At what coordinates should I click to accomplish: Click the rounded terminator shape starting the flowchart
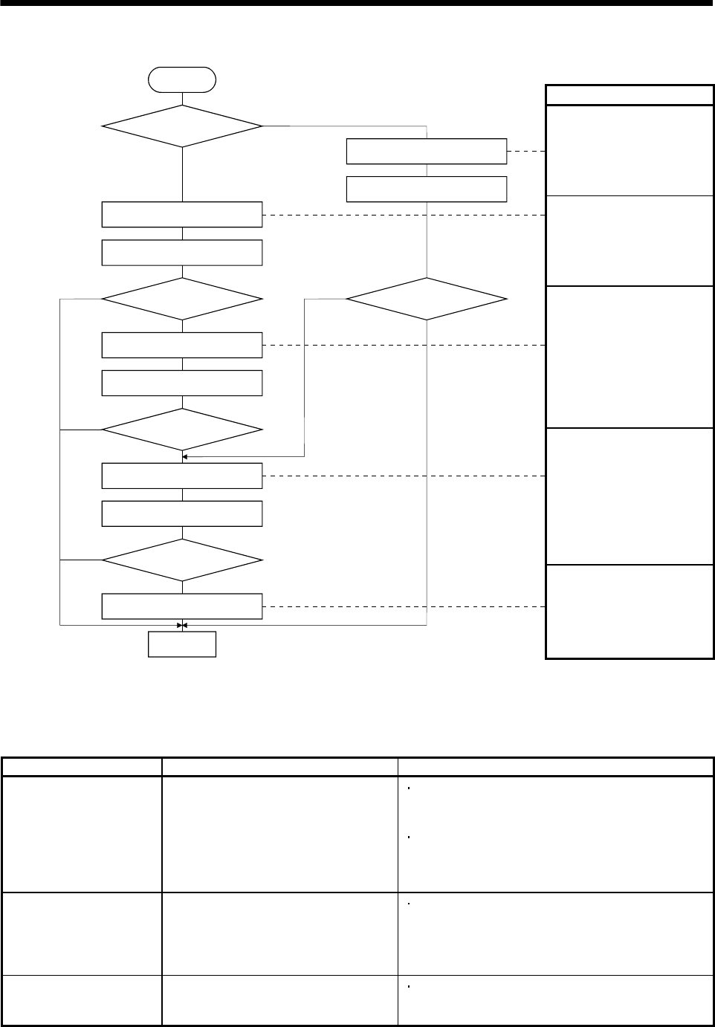click(182, 78)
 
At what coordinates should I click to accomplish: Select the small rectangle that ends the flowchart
click(182, 644)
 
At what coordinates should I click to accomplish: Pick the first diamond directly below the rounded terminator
click(182, 126)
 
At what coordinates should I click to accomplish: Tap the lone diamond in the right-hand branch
click(427, 299)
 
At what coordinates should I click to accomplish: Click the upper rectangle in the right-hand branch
click(427, 151)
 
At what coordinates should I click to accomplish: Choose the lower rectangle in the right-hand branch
click(427, 189)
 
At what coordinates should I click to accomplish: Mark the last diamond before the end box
click(182, 560)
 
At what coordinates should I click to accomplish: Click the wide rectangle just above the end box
click(182, 606)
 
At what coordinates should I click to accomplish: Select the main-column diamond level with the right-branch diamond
click(182, 299)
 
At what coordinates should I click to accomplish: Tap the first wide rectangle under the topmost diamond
click(182, 214)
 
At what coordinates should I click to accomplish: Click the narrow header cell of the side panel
click(630, 95)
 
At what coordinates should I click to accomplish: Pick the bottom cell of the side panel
click(630, 612)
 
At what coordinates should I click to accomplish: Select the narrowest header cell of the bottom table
click(82, 767)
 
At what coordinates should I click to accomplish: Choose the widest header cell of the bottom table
click(555, 767)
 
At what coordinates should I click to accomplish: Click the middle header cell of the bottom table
click(279, 767)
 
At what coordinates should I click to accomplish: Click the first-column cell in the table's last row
click(82, 1000)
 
